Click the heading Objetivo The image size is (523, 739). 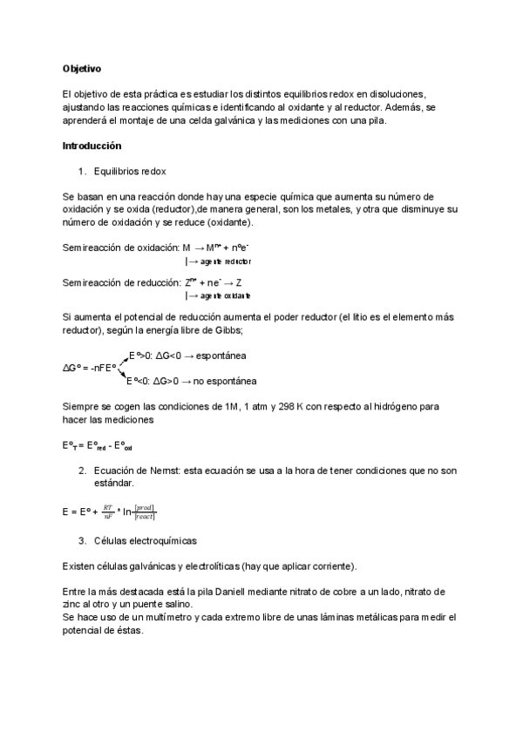pyautogui.click(x=82, y=68)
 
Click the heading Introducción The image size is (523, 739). pyautogui.click(x=92, y=146)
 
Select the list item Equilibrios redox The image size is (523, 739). pyautogui.click(x=129, y=171)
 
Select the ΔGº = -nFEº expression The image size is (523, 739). pyautogui.click(x=90, y=368)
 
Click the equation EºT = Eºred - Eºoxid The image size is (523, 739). pyautogui.click(x=98, y=445)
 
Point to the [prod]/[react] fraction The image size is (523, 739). pyautogui.click(x=145, y=512)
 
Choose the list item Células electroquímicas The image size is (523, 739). pyautogui.click(x=145, y=540)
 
